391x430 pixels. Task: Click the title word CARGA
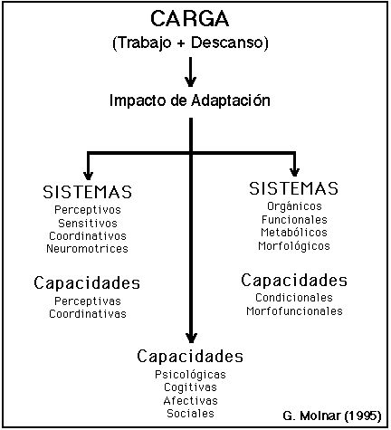[190, 19]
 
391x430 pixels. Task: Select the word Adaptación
[231, 100]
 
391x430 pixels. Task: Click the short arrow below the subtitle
[190, 72]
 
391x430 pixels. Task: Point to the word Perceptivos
[88, 210]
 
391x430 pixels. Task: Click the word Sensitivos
[88, 224]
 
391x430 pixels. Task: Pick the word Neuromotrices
[87, 249]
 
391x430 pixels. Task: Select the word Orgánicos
[294, 206]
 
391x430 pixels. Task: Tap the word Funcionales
[294, 220]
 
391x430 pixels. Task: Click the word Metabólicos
[294, 233]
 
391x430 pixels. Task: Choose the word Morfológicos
[294, 246]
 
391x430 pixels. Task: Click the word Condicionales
[294, 298]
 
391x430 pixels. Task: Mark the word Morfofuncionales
[294, 311]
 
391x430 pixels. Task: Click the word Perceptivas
[88, 301]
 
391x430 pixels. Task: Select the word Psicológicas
[190, 375]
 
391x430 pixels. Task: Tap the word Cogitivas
[190, 387]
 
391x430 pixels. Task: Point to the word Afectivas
[190, 401]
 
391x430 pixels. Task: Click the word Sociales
[190, 414]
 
